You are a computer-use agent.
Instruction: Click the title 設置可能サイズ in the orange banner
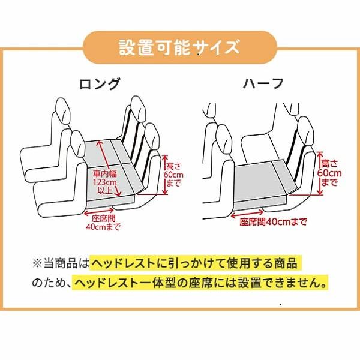[x=179, y=46]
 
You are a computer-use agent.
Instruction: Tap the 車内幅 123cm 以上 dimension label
[x=104, y=181]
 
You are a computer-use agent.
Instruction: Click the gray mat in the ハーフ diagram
[x=264, y=183]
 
